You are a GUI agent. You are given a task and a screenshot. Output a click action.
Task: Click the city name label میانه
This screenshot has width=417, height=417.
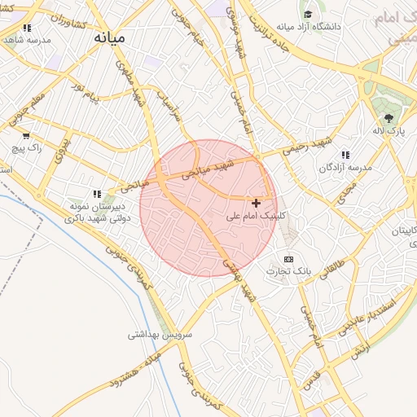[x=109, y=37]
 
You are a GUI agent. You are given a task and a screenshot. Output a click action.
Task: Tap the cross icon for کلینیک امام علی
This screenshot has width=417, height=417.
[x=257, y=203]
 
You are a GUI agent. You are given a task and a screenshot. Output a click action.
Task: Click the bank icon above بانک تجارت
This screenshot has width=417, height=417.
[x=288, y=258]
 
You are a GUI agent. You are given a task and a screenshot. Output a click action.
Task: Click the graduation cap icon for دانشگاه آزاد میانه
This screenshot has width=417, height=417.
[x=308, y=14]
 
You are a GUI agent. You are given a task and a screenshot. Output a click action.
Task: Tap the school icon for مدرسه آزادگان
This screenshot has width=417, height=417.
[x=345, y=154]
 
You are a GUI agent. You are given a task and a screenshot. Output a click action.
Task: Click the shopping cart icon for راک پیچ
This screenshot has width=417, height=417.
[x=26, y=135]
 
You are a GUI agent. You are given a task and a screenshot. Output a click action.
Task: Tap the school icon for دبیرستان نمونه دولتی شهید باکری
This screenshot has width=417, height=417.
[x=97, y=194]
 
